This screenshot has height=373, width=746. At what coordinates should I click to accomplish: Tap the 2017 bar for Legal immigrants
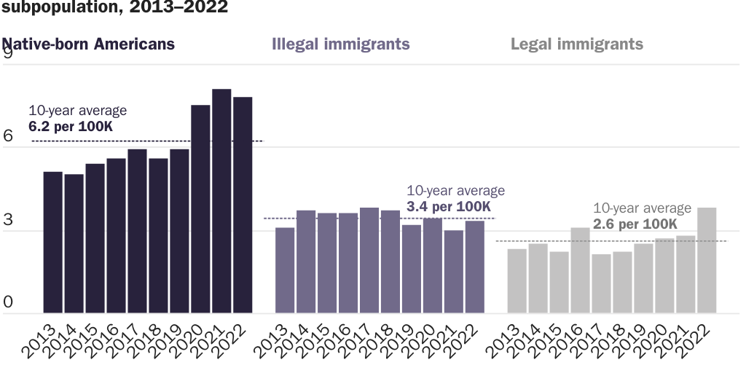pos(601,283)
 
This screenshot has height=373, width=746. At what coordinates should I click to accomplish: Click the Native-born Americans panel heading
pos(88,44)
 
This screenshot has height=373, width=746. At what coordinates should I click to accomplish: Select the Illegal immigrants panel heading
pos(340,44)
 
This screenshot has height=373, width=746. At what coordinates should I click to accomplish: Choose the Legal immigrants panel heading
pos(577,44)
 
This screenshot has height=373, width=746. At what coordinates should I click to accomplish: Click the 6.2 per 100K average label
pos(71,127)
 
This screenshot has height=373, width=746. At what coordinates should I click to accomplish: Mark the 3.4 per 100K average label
pos(449,207)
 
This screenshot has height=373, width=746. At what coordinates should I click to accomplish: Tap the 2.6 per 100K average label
pos(635,224)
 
